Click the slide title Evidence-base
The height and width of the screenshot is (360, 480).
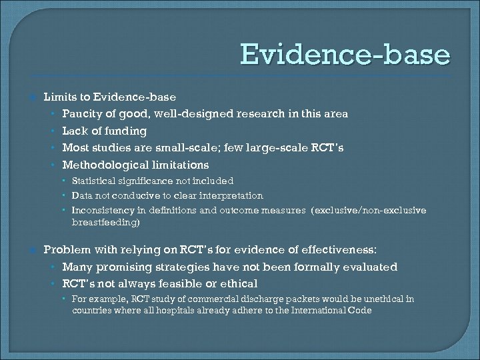pyautogui.click(x=345, y=55)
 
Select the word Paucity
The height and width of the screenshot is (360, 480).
pyautogui.click(x=83, y=114)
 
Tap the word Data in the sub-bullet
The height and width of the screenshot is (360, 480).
pyautogui.click(x=82, y=195)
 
